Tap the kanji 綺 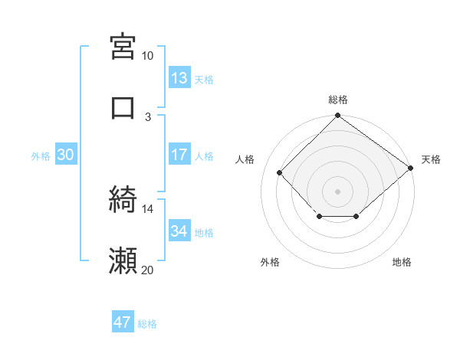(x=123, y=200)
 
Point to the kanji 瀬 (x=123, y=261)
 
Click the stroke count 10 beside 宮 (x=147, y=56)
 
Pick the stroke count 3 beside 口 (x=149, y=116)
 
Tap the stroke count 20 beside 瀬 (x=147, y=270)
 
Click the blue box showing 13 (x=179, y=77)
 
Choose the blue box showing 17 (x=179, y=155)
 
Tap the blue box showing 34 (x=179, y=231)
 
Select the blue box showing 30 (x=66, y=155)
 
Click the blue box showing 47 (x=123, y=322)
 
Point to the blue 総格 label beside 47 (x=147, y=324)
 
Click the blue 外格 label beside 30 (x=41, y=155)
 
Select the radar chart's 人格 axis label (x=245, y=159)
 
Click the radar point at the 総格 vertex (x=337, y=116)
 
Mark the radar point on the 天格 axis (x=411, y=169)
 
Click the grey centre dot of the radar (x=337, y=191)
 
